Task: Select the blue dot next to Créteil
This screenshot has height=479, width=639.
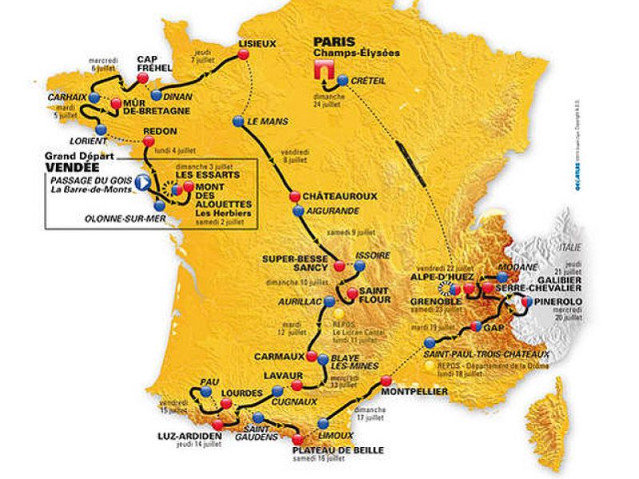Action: [x=343, y=80]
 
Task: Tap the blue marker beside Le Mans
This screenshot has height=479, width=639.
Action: [x=237, y=121]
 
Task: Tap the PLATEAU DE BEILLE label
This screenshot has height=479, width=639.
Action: [x=320, y=451]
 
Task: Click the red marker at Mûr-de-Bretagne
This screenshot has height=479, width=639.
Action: [x=117, y=103]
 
